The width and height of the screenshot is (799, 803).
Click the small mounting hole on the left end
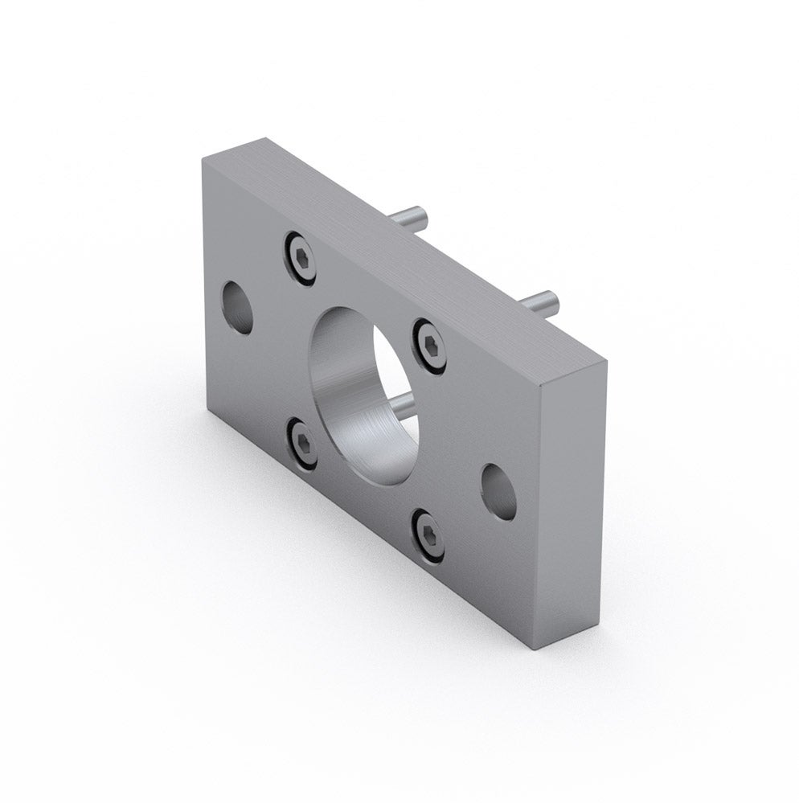pyautogui.click(x=237, y=309)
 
